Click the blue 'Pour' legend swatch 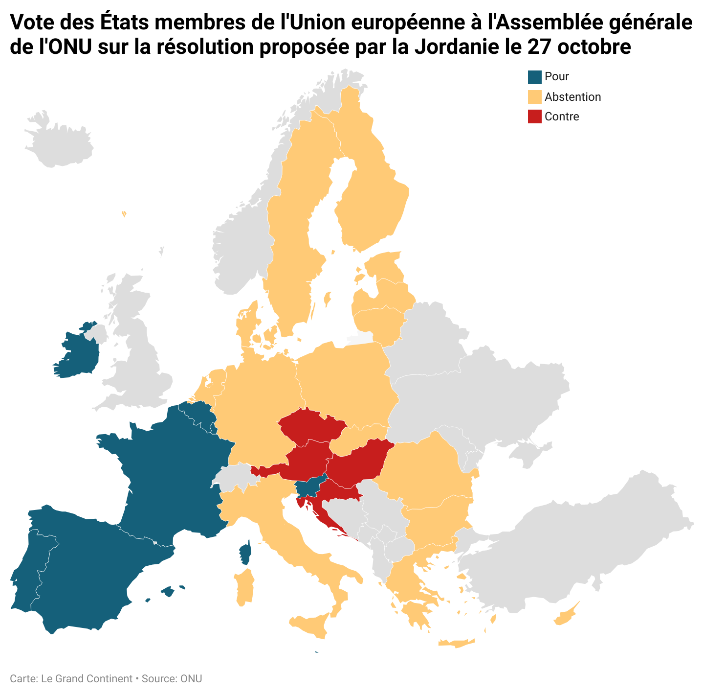(535, 77)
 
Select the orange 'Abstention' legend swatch (535, 97)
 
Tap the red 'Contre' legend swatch (535, 116)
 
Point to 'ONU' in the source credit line (191, 679)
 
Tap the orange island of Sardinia (244, 587)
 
